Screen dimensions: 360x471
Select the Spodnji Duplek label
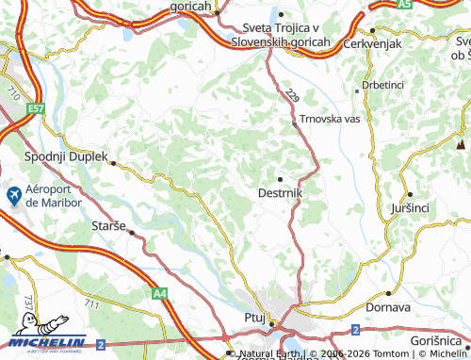click(x=66, y=157)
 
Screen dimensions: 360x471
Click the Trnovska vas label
click(x=331, y=120)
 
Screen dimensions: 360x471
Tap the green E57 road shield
click(x=36, y=109)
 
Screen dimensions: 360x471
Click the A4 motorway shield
click(x=159, y=294)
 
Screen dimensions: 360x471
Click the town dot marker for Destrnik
click(x=280, y=178)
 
